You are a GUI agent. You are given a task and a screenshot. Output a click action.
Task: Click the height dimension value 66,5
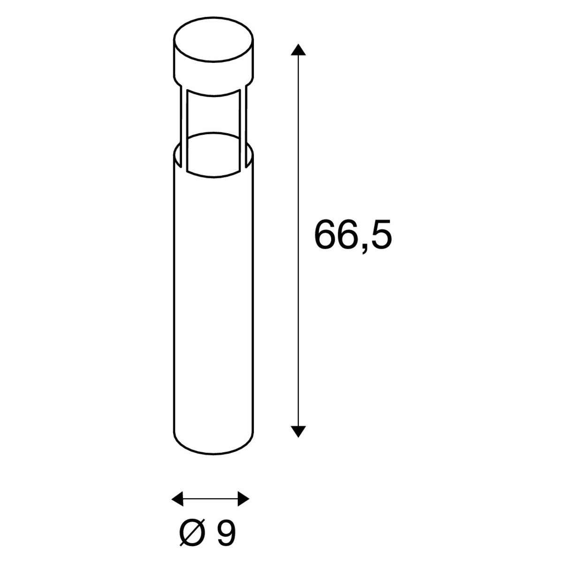pos(352,235)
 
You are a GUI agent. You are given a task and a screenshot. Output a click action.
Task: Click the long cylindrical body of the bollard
pos(213,305)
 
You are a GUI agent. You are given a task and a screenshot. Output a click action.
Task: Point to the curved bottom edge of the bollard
pos(213,454)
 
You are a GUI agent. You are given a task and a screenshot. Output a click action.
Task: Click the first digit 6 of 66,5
pos(326,235)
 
